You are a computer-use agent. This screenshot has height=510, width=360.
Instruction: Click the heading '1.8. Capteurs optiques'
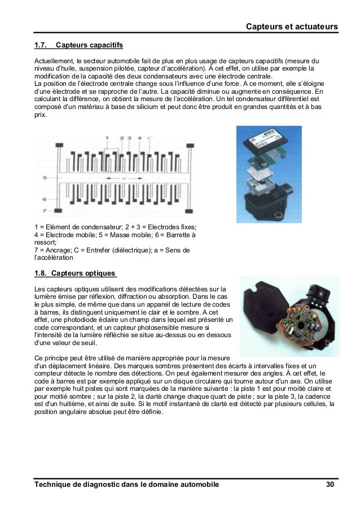click(75, 274)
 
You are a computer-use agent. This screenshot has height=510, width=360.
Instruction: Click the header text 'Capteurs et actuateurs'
click(292, 27)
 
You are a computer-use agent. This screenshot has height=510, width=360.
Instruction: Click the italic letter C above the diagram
click(149, 138)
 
